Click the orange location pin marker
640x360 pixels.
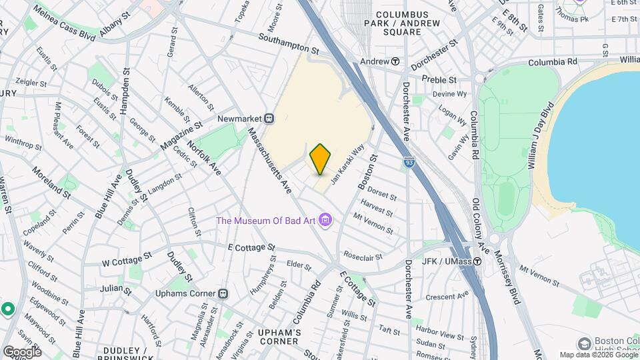(321, 159)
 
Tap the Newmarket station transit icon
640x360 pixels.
(270, 118)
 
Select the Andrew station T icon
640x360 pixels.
(395, 61)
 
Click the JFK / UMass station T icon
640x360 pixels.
(477, 261)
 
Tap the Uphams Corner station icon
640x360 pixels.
(223, 293)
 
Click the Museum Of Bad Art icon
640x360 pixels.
(325, 219)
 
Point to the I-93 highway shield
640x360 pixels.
(409, 162)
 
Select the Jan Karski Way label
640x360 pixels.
(349, 163)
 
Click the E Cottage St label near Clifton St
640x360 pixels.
(251, 247)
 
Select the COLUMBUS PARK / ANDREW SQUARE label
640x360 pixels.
(407, 23)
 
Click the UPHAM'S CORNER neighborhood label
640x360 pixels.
(279, 337)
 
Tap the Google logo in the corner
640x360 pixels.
(22, 351)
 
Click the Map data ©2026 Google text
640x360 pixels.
(597, 355)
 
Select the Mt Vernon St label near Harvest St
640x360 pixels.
(373, 223)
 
